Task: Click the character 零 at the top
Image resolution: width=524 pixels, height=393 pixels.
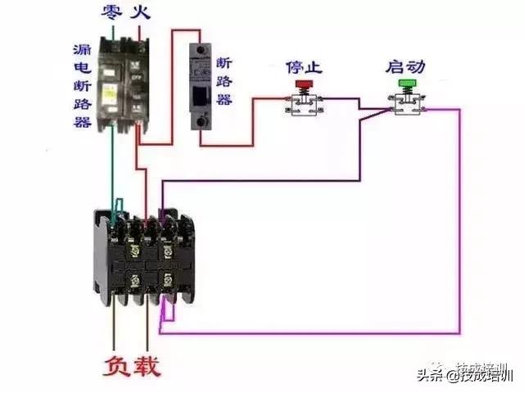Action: (112, 12)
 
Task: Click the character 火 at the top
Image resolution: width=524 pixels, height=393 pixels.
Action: (142, 12)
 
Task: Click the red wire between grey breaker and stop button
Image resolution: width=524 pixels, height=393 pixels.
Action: (252, 123)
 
